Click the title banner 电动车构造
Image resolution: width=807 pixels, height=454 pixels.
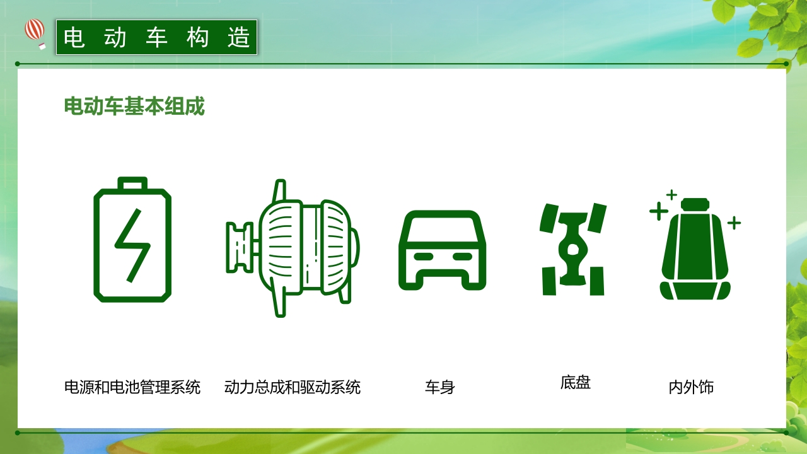157,38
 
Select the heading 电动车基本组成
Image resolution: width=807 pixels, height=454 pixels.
134,107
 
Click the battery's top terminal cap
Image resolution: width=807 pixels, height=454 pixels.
132,183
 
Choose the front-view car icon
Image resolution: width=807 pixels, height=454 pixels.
443,250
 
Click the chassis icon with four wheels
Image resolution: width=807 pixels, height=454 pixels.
572,249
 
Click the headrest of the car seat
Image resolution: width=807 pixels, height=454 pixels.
695,204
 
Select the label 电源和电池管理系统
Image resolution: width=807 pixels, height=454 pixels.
132,387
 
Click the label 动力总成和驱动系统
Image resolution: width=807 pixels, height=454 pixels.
293,387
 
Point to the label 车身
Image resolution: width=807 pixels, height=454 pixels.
440,387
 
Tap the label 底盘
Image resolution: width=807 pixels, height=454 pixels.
575,382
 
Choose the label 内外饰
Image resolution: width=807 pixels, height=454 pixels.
691,387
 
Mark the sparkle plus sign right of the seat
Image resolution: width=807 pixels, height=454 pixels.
734,223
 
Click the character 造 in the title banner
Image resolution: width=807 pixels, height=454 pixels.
239,38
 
